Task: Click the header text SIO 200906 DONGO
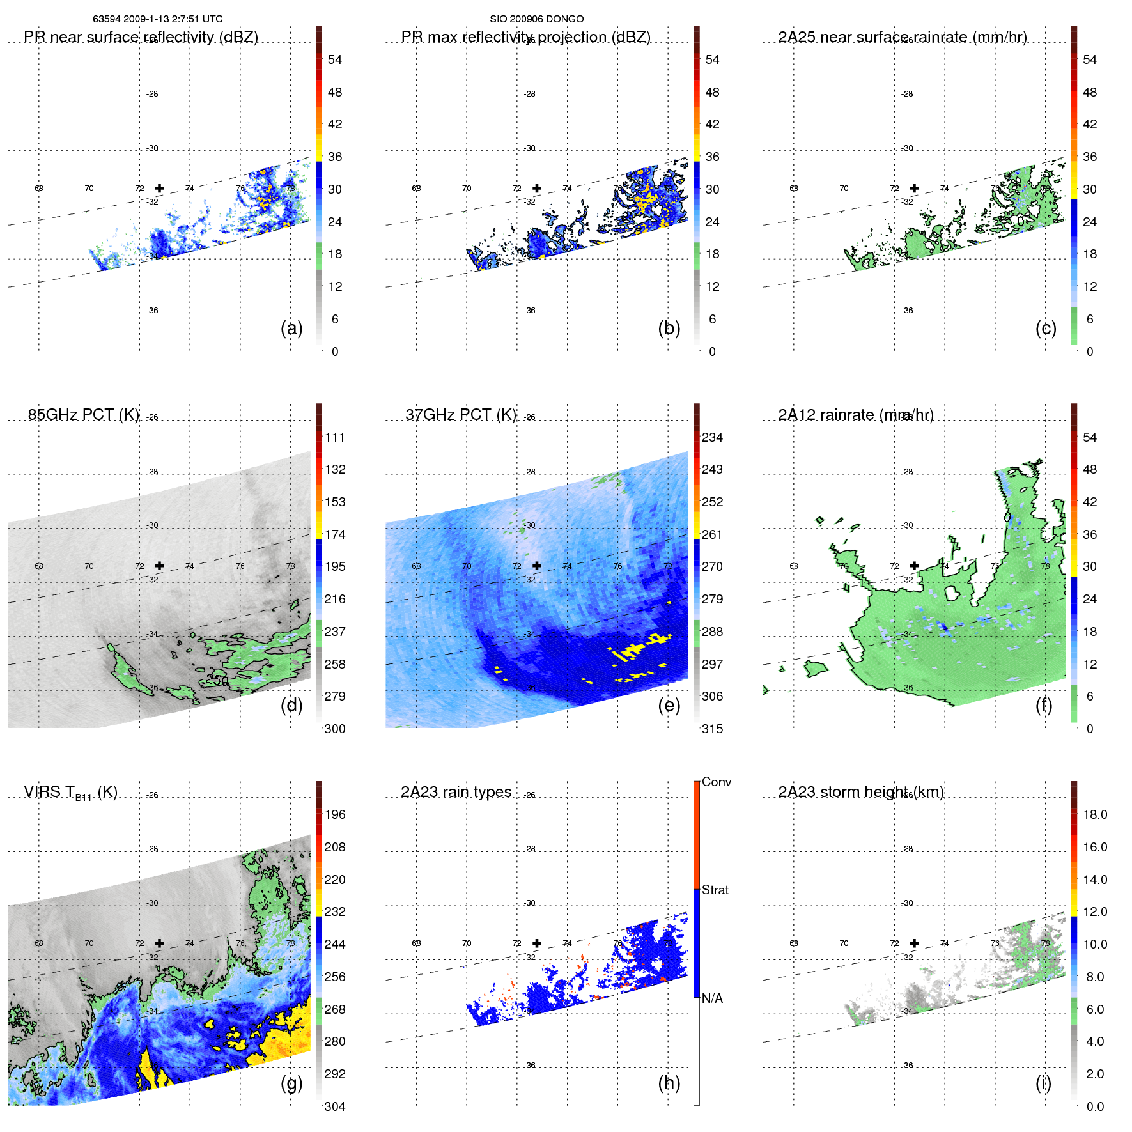[x=536, y=19]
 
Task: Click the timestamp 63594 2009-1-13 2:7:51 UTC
[x=157, y=19]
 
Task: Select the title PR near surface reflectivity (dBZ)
[x=141, y=37]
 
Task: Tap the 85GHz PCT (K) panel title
[x=83, y=415]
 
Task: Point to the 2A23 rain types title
[x=456, y=792]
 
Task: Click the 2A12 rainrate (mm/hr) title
[x=855, y=415]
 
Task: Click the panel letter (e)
[x=669, y=705]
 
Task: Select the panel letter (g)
[x=291, y=1083]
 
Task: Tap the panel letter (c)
[x=1046, y=328]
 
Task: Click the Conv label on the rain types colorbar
[x=716, y=782]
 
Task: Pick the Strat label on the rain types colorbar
[x=715, y=890]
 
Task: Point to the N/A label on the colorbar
[x=712, y=998]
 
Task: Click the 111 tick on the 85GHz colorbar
[x=334, y=437]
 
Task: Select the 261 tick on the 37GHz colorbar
[x=712, y=534]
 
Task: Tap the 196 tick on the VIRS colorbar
[x=334, y=814]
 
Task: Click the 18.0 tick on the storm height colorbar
[x=1094, y=814]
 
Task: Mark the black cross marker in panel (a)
[x=159, y=188]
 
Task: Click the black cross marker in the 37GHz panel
[x=537, y=566]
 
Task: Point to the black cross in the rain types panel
[x=537, y=943]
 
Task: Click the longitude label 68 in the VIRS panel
[x=39, y=943]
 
